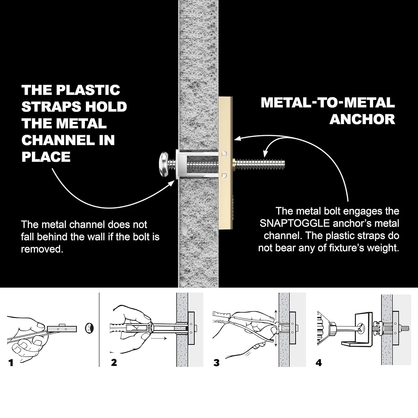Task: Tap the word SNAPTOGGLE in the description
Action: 294,223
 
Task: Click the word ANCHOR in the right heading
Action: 362,119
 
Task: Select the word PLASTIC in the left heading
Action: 88,90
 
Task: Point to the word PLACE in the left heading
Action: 46,157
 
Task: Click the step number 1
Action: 11,363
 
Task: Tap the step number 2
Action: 114,363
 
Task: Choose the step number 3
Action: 216,363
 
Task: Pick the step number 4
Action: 319,363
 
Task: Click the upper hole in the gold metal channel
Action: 224,153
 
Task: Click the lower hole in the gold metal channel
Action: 224,175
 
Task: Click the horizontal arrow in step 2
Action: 159,338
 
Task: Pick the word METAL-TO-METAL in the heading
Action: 328,103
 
